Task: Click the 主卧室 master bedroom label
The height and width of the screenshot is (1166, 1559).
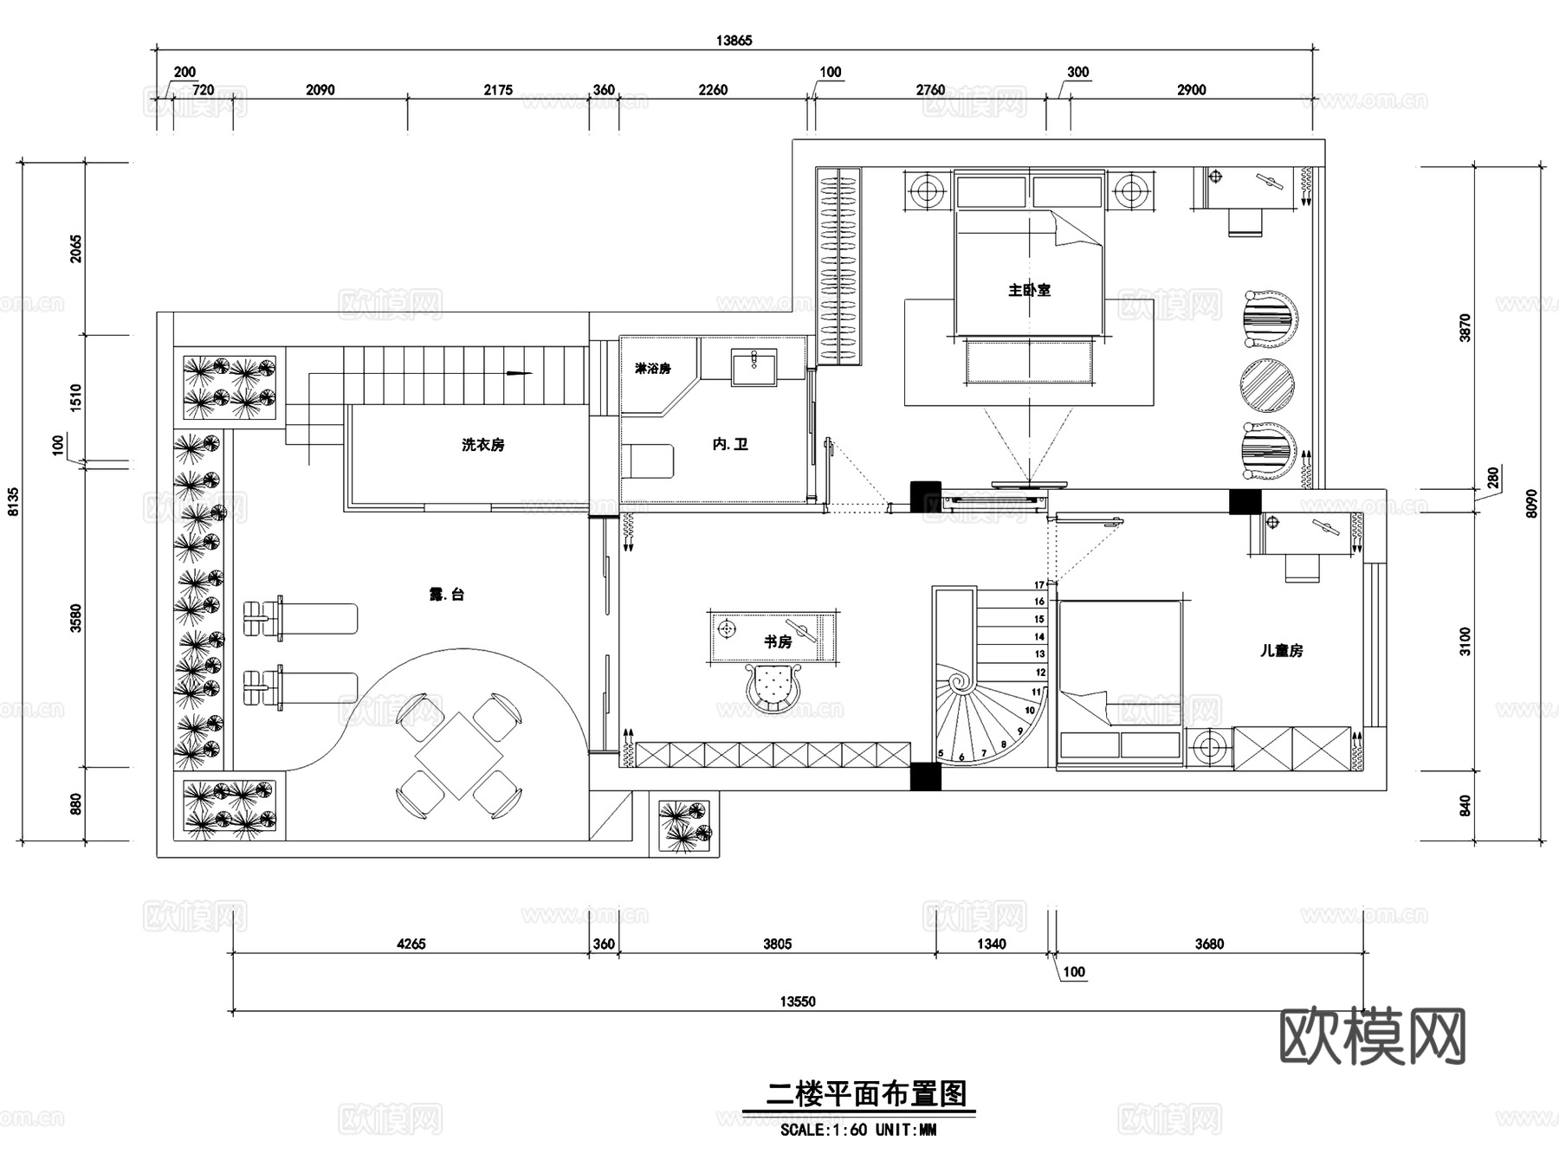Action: pos(1029,291)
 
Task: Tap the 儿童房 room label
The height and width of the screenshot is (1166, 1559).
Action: pos(1281,651)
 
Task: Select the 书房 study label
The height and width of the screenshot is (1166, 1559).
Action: pos(777,641)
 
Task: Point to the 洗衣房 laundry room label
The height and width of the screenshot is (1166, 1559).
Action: pos(482,445)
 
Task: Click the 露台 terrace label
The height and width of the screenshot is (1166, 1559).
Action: pos(447,595)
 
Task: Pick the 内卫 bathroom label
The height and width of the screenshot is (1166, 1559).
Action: pos(730,444)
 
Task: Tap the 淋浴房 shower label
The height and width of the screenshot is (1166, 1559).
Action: pos(652,369)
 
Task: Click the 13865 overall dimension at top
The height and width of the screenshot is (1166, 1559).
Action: pos(734,40)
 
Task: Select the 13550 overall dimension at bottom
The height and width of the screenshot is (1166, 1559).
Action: pos(797,1002)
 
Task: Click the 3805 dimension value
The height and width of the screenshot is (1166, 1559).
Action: pos(777,944)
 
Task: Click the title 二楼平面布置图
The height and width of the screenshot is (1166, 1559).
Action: pos(866,1095)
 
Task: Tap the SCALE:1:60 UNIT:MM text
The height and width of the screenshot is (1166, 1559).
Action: pos(857,1130)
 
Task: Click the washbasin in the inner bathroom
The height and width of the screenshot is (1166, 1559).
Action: pos(754,366)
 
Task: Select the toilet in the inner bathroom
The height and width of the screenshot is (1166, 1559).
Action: pos(650,461)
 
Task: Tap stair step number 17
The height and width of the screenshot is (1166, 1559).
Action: pos(1039,585)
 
